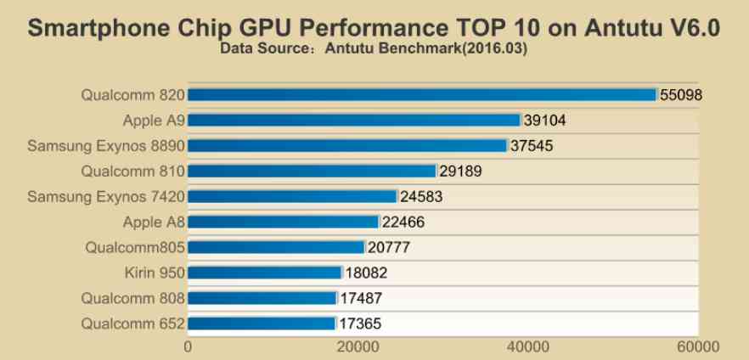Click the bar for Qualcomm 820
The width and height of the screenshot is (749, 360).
[422, 95]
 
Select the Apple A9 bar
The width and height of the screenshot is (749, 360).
[353, 121]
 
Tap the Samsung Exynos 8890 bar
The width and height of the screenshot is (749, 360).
[347, 146]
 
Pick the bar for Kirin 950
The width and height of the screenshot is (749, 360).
[264, 273]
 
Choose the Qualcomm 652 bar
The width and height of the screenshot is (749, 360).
[262, 323]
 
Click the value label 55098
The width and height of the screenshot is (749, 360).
[682, 95]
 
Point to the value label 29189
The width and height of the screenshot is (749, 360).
[461, 172]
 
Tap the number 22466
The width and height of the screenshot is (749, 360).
[403, 222]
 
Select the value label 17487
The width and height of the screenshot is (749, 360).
[362, 298]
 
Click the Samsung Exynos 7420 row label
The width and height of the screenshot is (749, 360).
[106, 197]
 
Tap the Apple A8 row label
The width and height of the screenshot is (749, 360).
[154, 222]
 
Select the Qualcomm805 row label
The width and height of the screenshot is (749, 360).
[134, 248]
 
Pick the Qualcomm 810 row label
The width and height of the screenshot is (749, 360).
[132, 172]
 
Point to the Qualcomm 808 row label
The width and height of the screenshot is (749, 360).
[132, 298]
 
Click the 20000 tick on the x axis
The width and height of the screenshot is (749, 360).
[358, 346]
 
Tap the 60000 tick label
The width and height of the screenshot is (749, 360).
[699, 346]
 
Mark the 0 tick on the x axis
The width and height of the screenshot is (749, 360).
[188, 346]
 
